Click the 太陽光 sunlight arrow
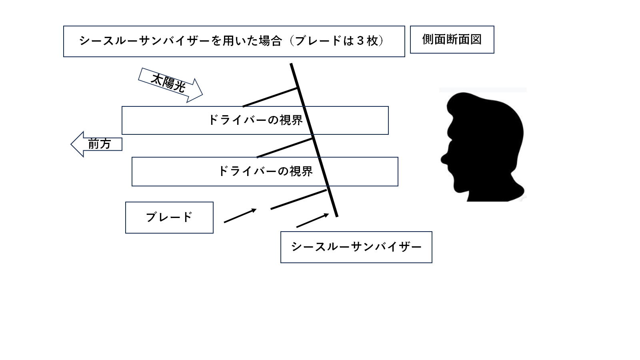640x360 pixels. click(x=170, y=85)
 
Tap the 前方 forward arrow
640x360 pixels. click(x=96, y=144)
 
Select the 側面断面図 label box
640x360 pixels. click(x=452, y=40)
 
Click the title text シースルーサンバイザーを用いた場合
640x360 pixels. click(x=180, y=41)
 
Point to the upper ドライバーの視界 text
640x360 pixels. click(x=256, y=120)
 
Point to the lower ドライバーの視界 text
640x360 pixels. click(x=266, y=171)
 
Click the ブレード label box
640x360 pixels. click(x=169, y=218)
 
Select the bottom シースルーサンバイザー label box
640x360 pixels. click(x=356, y=247)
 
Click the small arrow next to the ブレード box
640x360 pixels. click(x=240, y=216)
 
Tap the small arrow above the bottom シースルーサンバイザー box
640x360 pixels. click(x=312, y=220)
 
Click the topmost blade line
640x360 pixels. click(x=270, y=98)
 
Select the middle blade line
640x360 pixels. click(x=284, y=148)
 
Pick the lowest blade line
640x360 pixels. click(x=298, y=199)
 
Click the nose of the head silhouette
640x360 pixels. click(x=444, y=158)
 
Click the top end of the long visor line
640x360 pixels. click(x=291, y=64)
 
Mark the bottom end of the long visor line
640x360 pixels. click(x=337, y=216)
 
